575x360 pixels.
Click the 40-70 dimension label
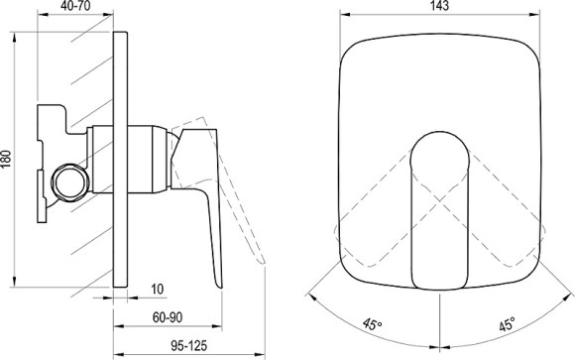(75, 6)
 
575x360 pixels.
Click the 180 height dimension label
(6, 159)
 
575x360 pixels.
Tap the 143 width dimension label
(440, 6)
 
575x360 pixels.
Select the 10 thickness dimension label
(158, 290)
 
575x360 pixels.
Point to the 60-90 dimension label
(168, 317)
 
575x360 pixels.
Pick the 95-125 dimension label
(189, 346)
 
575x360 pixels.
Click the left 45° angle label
(372, 324)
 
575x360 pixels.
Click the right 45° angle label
(508, 324)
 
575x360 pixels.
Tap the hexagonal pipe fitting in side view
(71, 182)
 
